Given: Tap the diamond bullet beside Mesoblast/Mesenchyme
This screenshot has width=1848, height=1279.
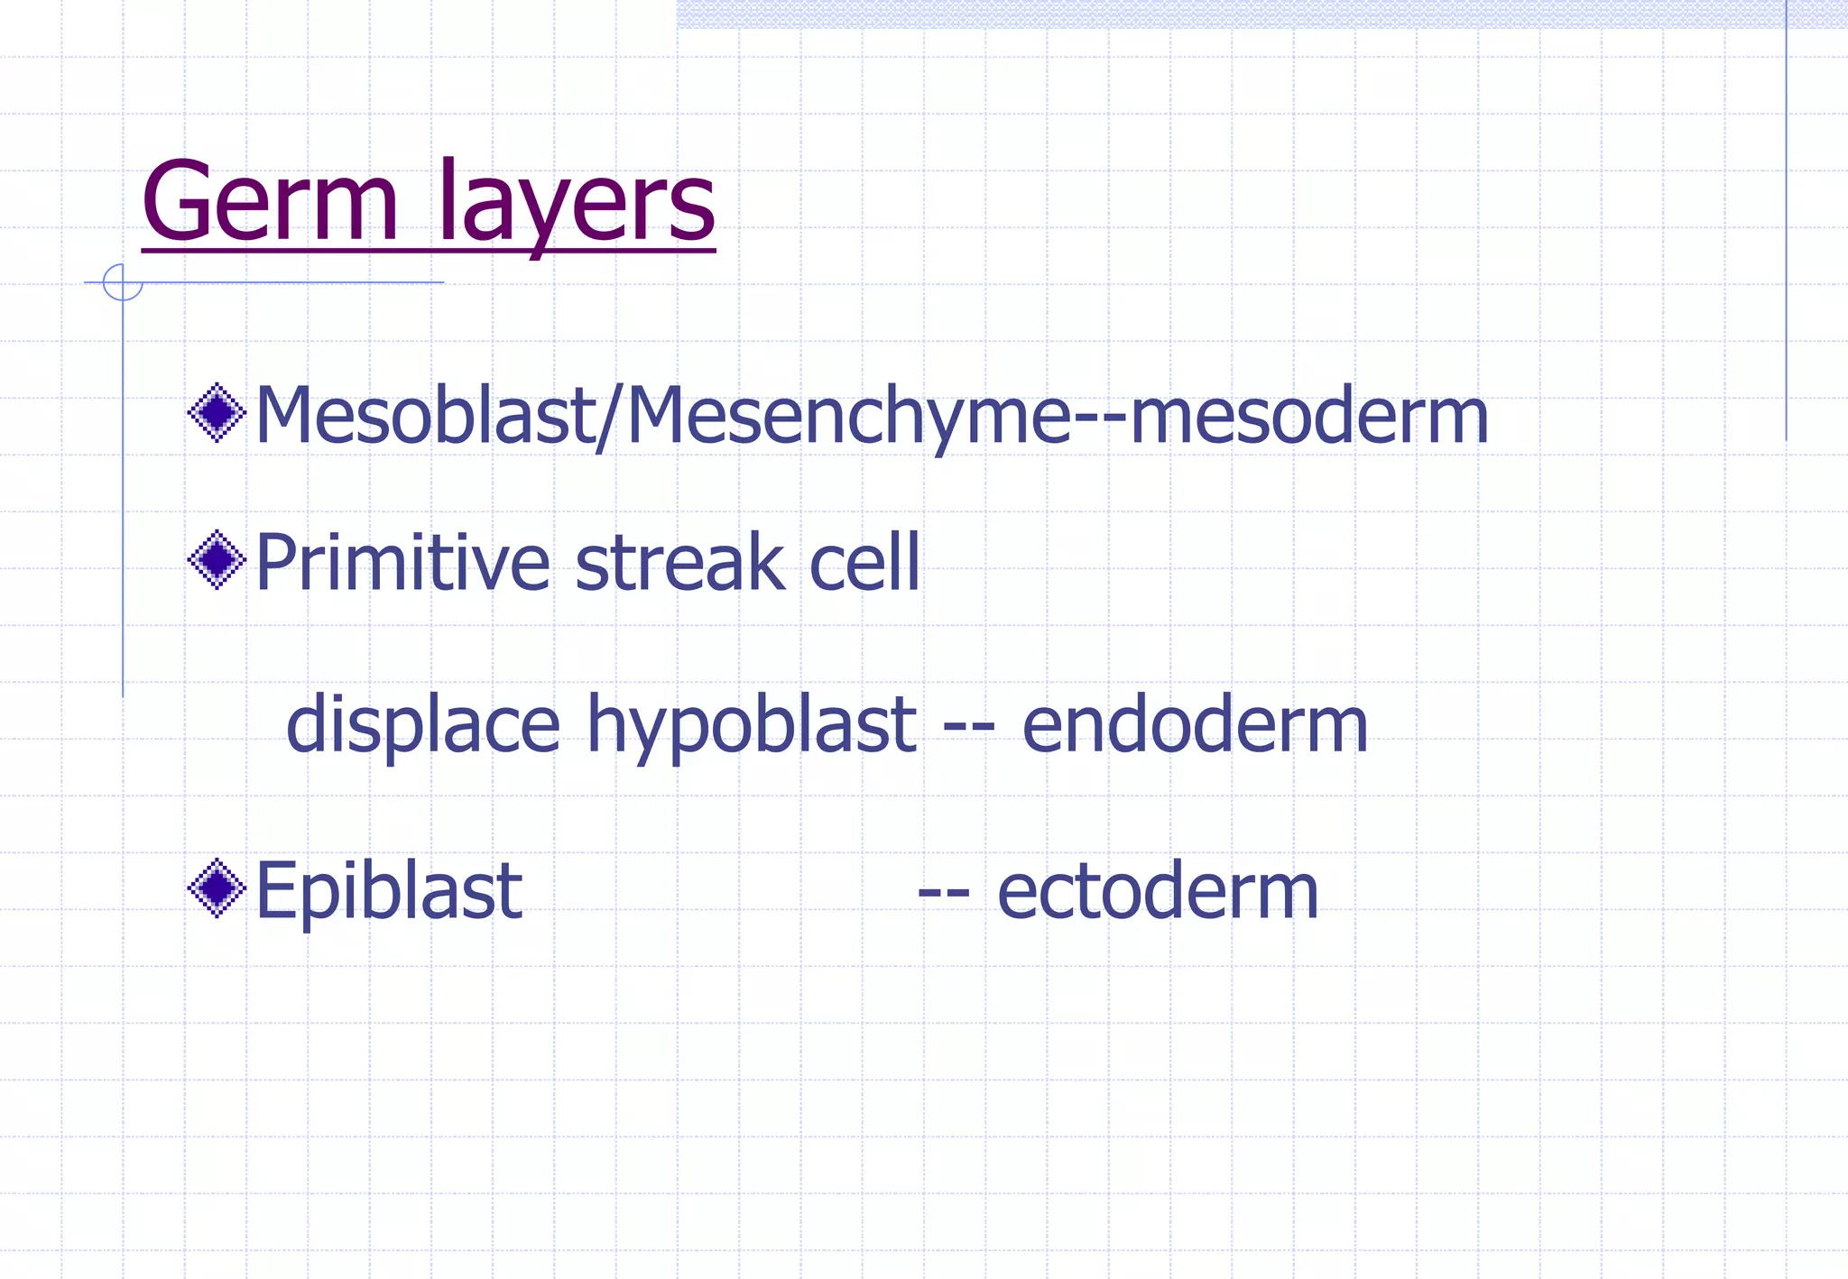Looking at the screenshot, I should click(x=217, y=412).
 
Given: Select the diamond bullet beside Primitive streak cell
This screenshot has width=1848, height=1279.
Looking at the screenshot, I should click(x=217, y=559).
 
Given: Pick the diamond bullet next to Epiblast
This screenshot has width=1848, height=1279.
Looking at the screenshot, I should click(x=217, y=888).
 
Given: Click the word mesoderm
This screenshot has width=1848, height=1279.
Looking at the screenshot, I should click(x=1308, y=416).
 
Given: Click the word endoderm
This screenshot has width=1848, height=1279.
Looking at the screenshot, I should click(x=1195, y=724).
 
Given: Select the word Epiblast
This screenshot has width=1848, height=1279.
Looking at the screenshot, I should click(x=389, y=890).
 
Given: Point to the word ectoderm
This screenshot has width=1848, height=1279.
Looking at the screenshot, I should click(x=1158, y=890).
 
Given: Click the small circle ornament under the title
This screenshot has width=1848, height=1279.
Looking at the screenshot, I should click(x=122, y=282).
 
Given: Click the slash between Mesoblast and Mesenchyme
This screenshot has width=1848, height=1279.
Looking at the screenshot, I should click(x=609, y=418).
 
